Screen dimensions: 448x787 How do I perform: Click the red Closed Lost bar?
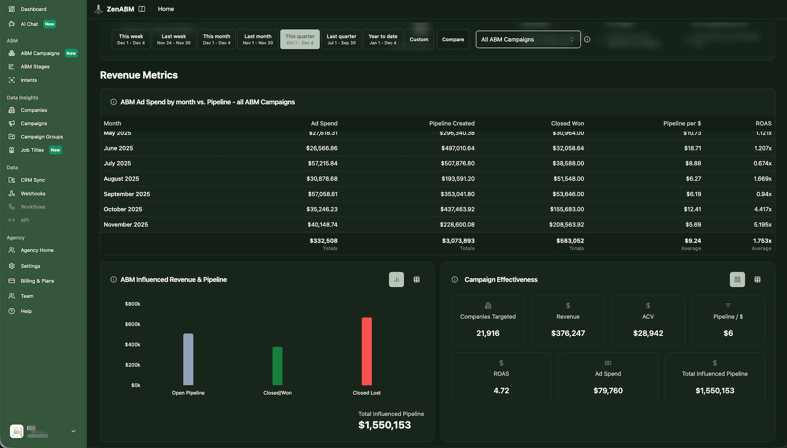coord(366,351)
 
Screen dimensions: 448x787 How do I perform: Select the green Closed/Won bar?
coord(277,366)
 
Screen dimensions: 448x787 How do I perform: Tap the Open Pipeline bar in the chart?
coord(188,359)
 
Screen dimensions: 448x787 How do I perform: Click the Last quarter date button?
coord(341,39)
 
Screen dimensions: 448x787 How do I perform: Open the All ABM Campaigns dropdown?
coord(528,39)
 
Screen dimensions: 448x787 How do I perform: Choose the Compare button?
coord(453,39)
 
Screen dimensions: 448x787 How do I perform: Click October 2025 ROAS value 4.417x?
coord(762,209)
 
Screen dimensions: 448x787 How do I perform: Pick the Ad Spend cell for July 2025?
coord(323,163)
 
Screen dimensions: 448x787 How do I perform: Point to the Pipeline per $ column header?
coord(682,123)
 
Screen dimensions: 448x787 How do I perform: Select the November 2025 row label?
coord(126,224)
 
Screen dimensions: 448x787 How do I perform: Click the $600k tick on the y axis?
coord(132,324)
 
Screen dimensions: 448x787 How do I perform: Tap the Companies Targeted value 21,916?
coord(487,333)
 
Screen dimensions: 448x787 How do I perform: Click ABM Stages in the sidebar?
coord(35,66)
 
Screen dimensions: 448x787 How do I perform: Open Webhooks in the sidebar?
coord(33,193)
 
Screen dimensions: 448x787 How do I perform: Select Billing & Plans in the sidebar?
coord(37,281)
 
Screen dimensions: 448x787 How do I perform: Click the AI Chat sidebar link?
coord(29,24)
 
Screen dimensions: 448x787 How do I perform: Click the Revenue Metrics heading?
coord(139,75)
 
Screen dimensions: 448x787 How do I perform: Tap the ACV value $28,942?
coord(648,333)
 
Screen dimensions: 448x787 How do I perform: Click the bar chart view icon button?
coord(396,279)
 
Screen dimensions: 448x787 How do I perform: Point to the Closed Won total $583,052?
coord(570,240)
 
